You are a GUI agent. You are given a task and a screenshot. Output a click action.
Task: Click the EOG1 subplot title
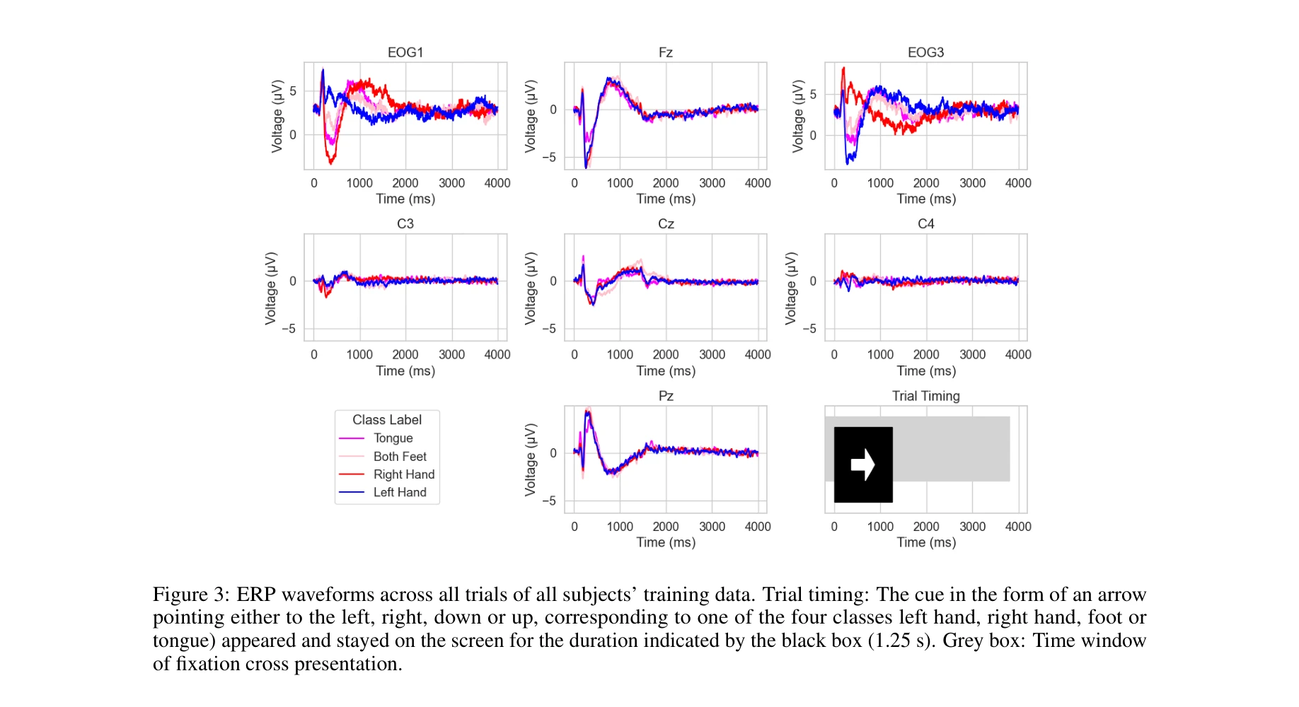coord(405,52)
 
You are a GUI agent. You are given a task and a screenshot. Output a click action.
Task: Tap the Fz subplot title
coord(665,52)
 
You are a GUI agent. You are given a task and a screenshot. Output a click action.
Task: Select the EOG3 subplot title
coord(925,52)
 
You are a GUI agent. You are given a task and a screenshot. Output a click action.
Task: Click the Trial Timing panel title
coord(925,396)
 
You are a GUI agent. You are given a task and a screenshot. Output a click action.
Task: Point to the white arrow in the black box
coord(862,464)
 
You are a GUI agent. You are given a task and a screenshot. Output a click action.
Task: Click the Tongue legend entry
coord(393,438)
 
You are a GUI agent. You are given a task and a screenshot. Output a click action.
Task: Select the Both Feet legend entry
coord(400,457)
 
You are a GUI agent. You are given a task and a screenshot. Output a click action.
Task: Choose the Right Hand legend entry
coord(403,474)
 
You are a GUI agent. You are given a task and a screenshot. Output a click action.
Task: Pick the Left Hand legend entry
coord(400,493)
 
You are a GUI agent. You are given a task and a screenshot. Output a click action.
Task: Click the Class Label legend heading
coord(387,420)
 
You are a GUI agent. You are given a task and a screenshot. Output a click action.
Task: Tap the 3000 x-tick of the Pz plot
coord(712,527)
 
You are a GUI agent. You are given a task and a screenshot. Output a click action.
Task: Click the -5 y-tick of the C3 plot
coord(289,329)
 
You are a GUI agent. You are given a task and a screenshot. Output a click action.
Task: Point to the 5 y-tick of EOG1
coord(293,91)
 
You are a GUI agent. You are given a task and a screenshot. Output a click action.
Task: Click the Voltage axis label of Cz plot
coord(531,288)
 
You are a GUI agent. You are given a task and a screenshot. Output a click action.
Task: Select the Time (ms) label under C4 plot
coord(926,371)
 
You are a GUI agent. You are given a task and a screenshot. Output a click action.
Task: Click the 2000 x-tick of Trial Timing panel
coord(926,527)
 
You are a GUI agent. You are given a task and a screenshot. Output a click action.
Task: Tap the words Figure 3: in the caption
coord(191,595)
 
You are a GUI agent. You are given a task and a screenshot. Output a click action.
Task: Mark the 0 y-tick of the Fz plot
coord(553,110)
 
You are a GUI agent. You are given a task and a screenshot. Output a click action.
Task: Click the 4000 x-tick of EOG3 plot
coord(1017,183)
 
